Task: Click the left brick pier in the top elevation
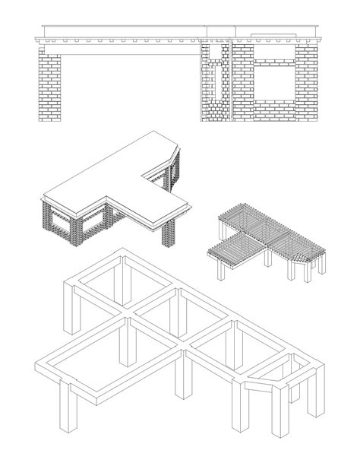click(50, 87)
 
